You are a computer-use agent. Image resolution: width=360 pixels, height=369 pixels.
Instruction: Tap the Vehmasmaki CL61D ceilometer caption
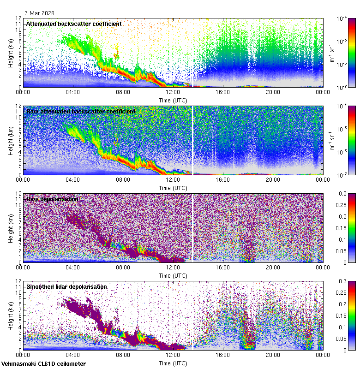click(x=43, y=364)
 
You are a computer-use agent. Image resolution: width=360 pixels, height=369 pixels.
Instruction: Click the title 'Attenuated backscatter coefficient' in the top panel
click(x=74, y=24)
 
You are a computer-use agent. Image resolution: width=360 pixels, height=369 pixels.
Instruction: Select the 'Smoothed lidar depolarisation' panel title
click(x=66, y=286)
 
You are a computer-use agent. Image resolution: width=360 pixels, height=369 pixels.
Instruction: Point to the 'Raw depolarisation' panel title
click(x=54, y=199)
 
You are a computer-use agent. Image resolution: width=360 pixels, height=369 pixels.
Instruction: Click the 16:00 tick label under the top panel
click(x=223, y=92)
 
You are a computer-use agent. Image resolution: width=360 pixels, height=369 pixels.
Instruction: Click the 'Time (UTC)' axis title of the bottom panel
click(x=173, y=363)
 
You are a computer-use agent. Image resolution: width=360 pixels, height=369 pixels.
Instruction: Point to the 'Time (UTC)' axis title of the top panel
click(x=173, y=100)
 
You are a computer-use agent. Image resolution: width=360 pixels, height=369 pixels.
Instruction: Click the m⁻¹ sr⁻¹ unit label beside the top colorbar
click(x=332, y=53)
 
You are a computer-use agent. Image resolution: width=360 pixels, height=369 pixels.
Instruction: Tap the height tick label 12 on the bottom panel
click(x=18, y=281)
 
